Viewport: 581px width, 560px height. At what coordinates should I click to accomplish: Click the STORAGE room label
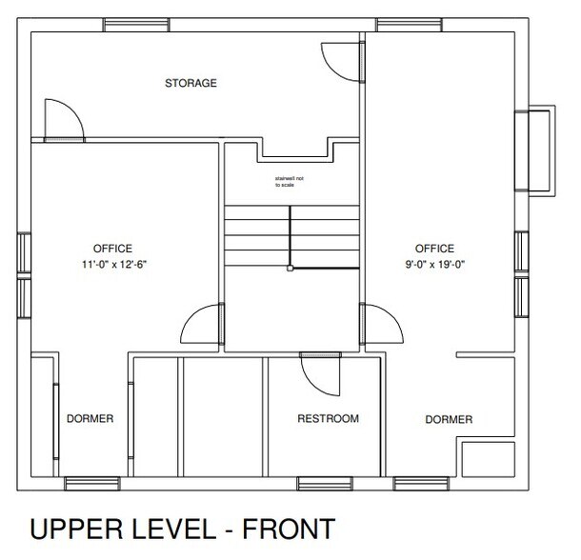(x=191, y=84)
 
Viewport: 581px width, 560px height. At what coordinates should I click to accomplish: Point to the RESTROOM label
(x=328, y=419)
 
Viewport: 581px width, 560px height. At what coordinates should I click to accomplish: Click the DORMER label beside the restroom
(x=449, y=419)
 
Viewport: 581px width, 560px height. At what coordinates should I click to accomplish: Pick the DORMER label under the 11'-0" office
(x=90, y=419)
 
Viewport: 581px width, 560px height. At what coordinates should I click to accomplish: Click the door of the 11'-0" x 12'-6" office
(x=202, y=326)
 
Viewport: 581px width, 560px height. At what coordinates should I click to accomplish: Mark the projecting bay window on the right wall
(x=534, y=153)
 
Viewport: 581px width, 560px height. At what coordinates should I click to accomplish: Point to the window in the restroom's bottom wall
(x=321, y=482)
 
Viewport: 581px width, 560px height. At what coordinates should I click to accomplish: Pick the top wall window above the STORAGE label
(x=132, y=22)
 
